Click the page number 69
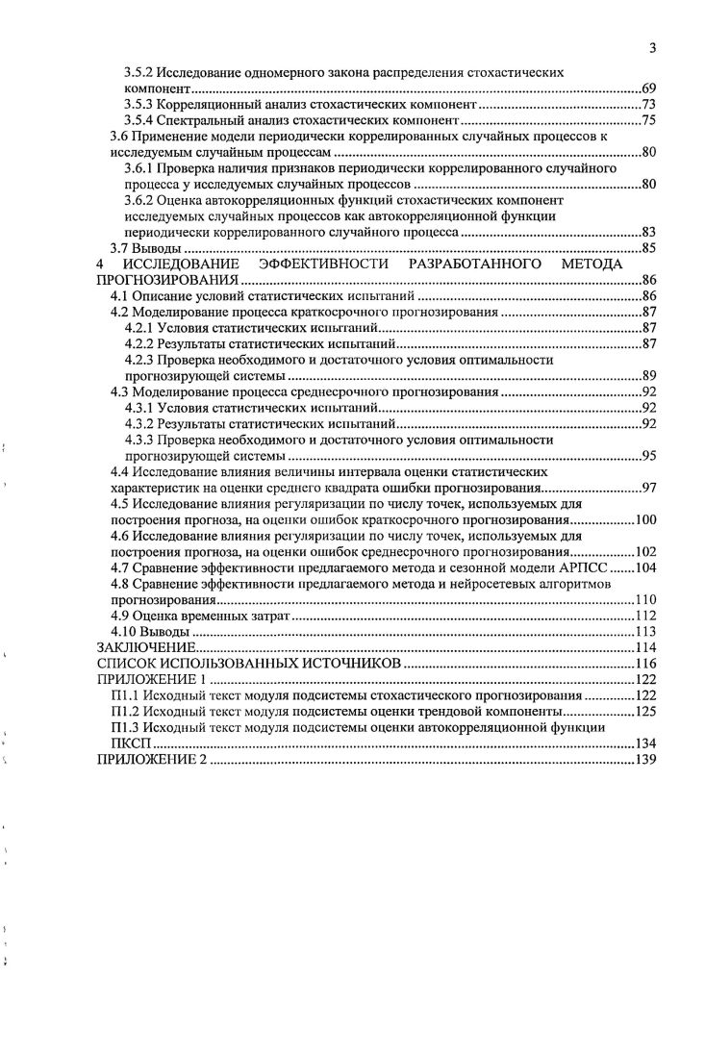(648, 88)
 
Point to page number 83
(648, 233)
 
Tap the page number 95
(648, 456)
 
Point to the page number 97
(648, 488)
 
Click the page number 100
(644, 520)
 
